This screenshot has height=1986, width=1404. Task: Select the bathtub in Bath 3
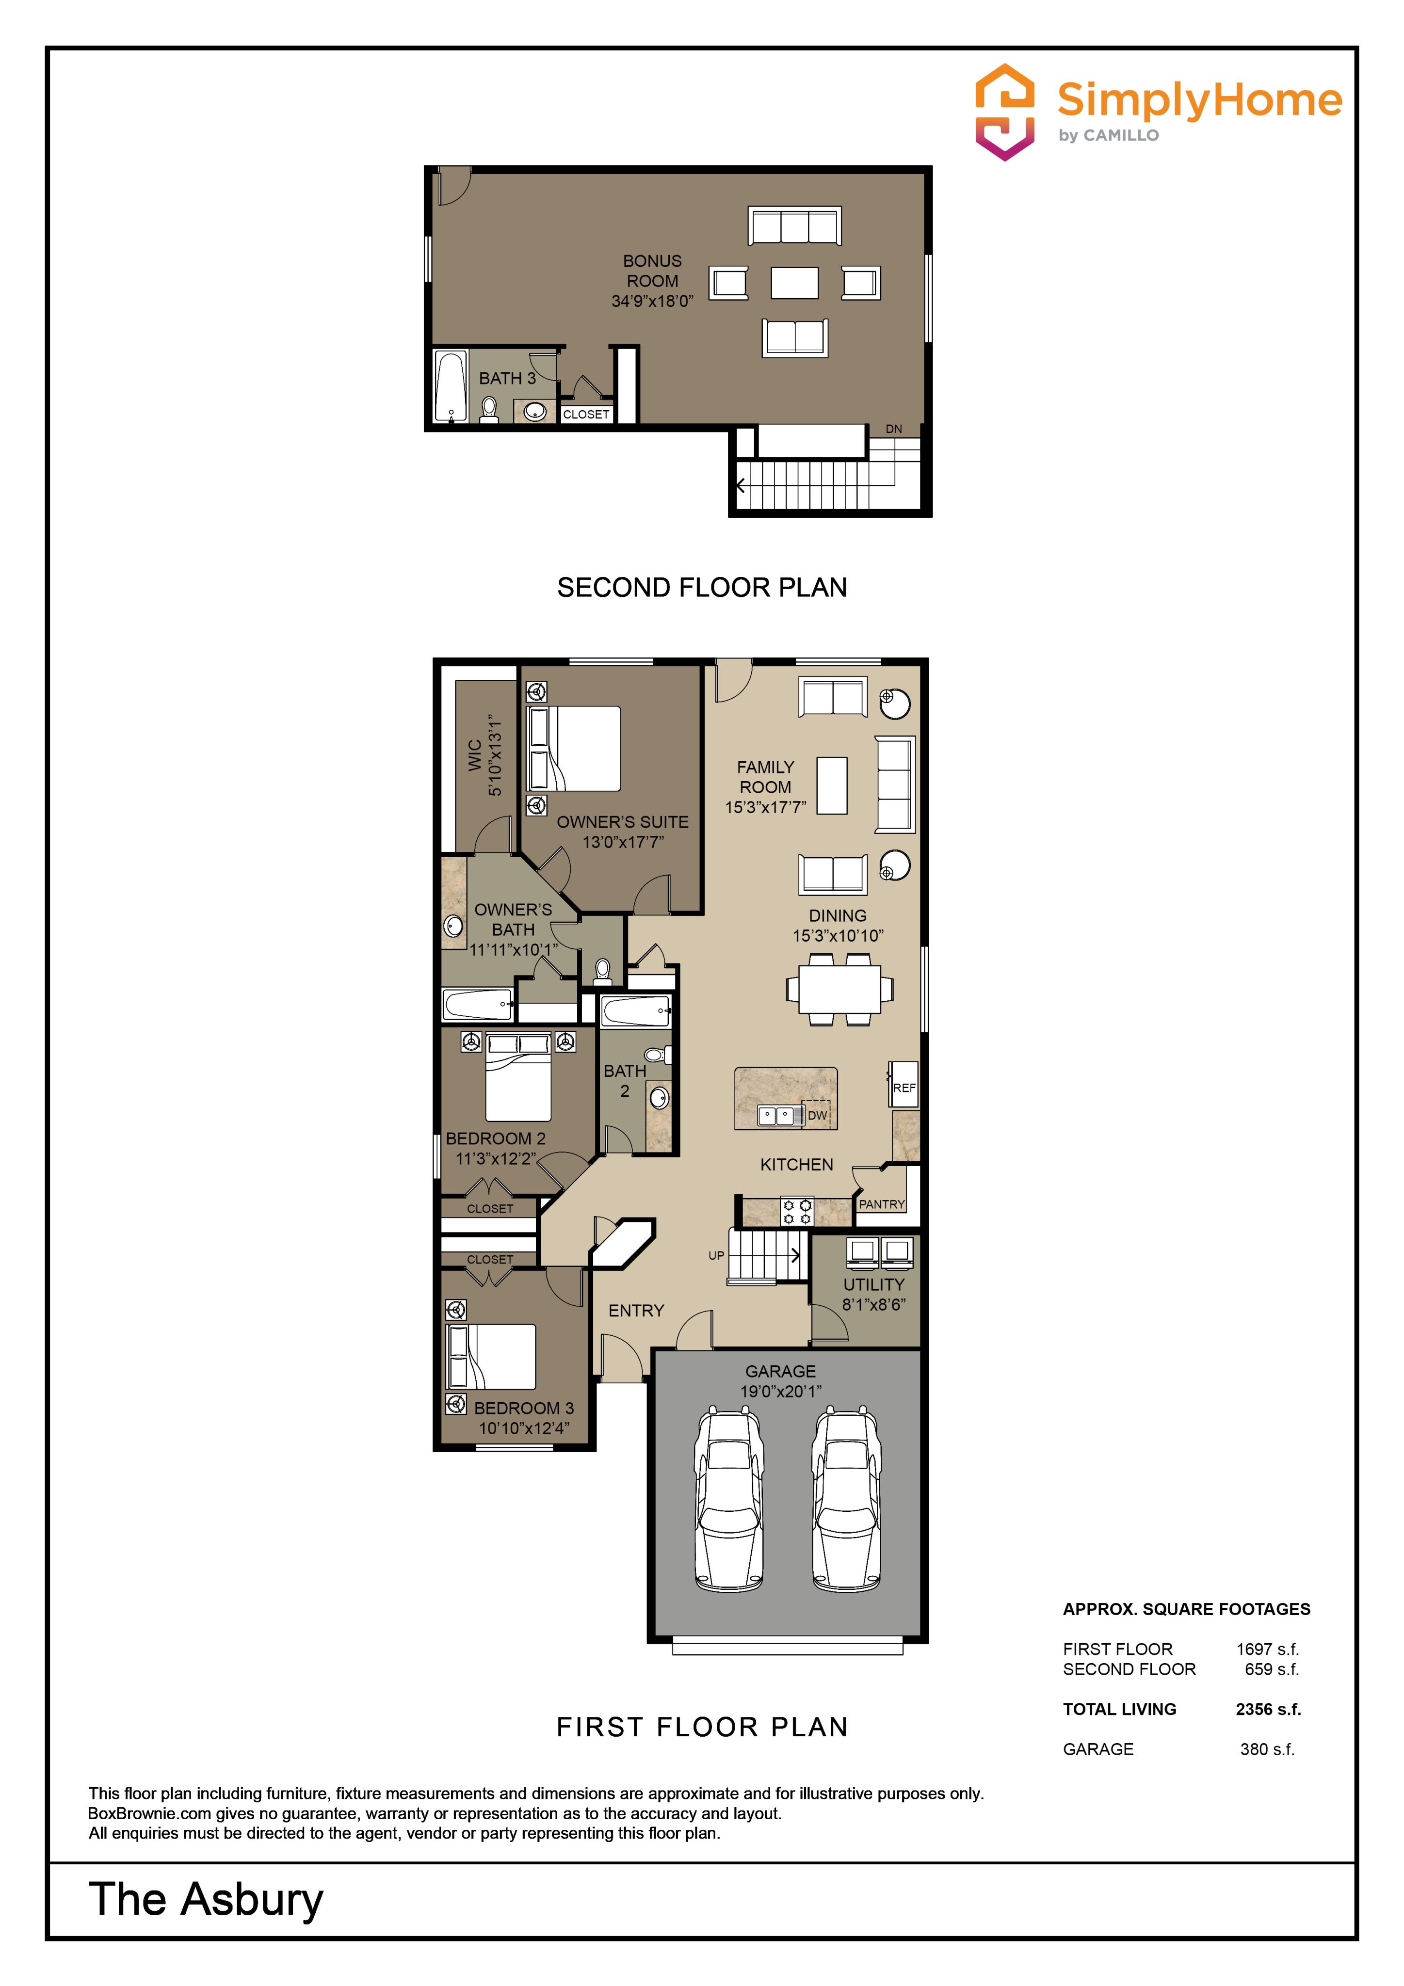coord(451,386)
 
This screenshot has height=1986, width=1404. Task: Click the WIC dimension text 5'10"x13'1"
coord(495,755)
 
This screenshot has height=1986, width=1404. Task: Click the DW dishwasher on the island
coord(818,1115)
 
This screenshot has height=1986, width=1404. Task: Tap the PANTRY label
coord(882,1204)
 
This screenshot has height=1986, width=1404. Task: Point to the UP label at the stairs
coord(716,1255)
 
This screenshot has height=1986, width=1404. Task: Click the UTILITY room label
coord(874,1284)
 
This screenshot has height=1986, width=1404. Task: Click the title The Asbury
coord(206,1900)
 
